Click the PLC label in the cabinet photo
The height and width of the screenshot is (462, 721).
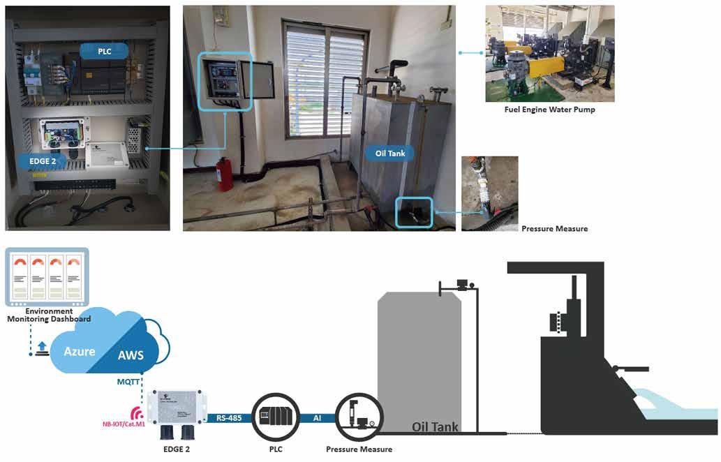click(105, 51)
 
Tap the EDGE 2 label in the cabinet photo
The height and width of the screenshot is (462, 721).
click(43, 161)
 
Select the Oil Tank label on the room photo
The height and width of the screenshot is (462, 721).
click(390, 153)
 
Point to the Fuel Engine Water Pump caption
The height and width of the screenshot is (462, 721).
click(549, 110)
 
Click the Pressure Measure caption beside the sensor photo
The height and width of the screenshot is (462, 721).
click(555, 228)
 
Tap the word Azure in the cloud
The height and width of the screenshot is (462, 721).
click(80, 351)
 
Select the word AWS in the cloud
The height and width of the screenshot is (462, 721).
click(131, 355)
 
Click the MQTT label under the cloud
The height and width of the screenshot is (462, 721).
click(128, 382)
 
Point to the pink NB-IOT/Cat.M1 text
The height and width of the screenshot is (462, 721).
click(124, 424)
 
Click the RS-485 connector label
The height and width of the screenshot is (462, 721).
click(229, 418)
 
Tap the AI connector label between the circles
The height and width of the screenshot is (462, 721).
click(318, 418)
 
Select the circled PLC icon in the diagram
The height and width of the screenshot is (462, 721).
click(276, 417)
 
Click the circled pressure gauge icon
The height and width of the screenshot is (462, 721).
click(359, 417)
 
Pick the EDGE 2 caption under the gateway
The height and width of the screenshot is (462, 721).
click(177, 449)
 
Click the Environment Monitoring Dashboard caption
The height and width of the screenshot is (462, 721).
click(49, 315)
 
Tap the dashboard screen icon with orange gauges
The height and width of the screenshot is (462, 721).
click(47, 277)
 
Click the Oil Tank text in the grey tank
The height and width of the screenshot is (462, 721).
click(435, 427)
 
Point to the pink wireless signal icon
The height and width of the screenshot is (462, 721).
click(137, 413)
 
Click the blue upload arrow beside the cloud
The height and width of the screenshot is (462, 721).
click(42, 349)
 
